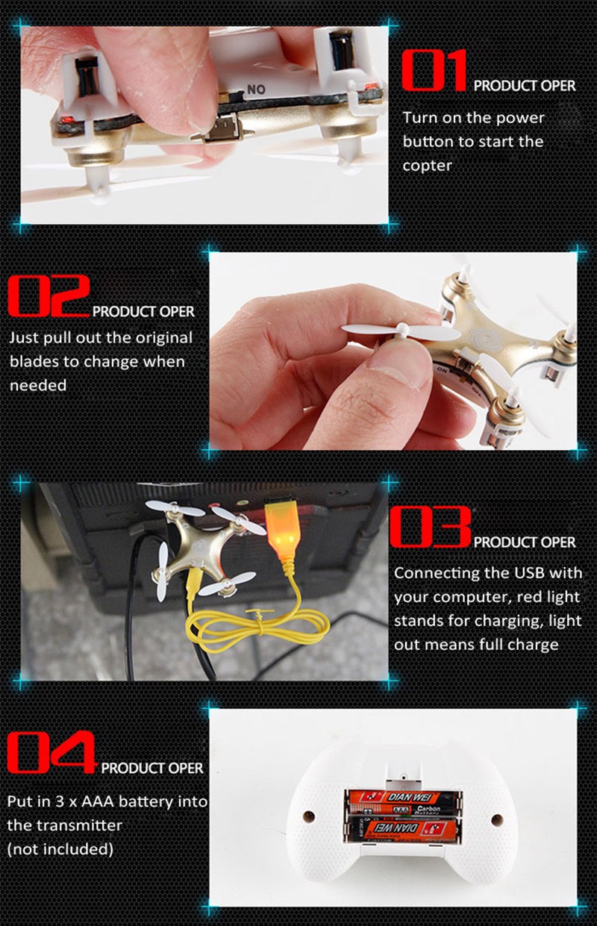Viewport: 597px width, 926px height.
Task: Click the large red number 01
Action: [434, 70]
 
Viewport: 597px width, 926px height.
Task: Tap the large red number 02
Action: [49, 295]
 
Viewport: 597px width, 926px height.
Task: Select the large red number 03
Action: [431, 527]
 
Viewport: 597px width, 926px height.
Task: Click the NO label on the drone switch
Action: [256, 90]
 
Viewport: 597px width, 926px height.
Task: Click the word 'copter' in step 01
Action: [427, 166]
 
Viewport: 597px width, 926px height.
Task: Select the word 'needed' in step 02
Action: [38, 385]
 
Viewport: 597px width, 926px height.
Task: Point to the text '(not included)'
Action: [60, 849]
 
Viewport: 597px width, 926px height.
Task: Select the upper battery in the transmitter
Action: [404, 803]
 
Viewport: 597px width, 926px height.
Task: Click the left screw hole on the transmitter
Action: [309, 816]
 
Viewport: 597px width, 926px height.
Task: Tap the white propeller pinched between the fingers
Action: [401, 332]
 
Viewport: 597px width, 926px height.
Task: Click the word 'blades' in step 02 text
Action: [32, 362]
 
